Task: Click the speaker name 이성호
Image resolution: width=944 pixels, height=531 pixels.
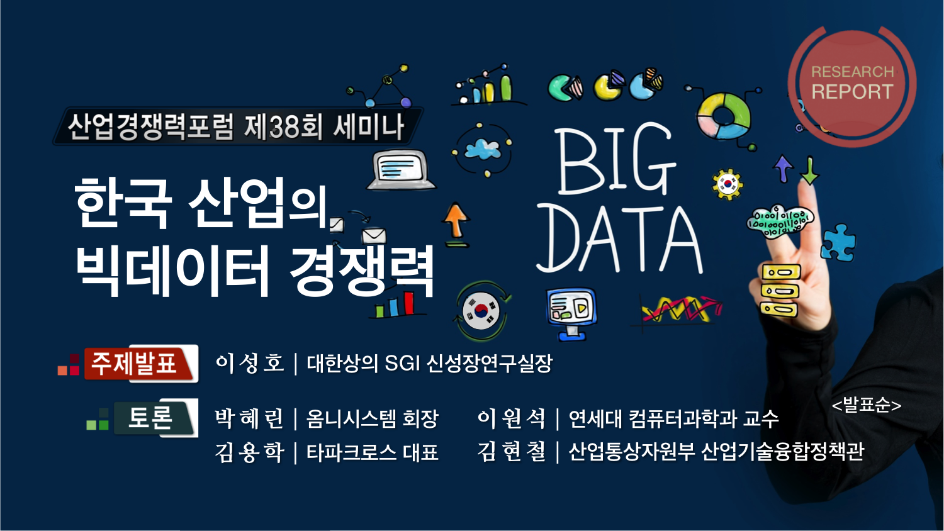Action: (249, 363)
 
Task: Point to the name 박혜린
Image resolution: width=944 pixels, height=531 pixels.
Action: (249, 418)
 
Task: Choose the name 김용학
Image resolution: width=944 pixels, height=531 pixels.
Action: (249, 452)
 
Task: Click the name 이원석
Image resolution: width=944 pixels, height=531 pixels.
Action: (511, 418)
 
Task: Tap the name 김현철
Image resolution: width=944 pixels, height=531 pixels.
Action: (511, 451)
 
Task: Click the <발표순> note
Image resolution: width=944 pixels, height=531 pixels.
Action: (867, 405)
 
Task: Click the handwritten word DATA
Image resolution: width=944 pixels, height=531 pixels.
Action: (619, 239)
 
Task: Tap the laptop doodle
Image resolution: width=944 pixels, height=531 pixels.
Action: (401, 169)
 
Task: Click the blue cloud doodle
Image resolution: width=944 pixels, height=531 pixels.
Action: (483, 149)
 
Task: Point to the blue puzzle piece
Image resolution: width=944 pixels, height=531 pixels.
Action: (838, 242)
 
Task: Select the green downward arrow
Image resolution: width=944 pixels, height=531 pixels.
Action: (810, 170)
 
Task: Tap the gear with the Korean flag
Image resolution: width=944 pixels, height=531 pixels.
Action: (728, 184)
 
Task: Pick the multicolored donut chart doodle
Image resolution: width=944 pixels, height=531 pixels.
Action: (724, 116)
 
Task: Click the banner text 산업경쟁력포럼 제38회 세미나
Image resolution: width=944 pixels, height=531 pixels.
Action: (236, 126)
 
